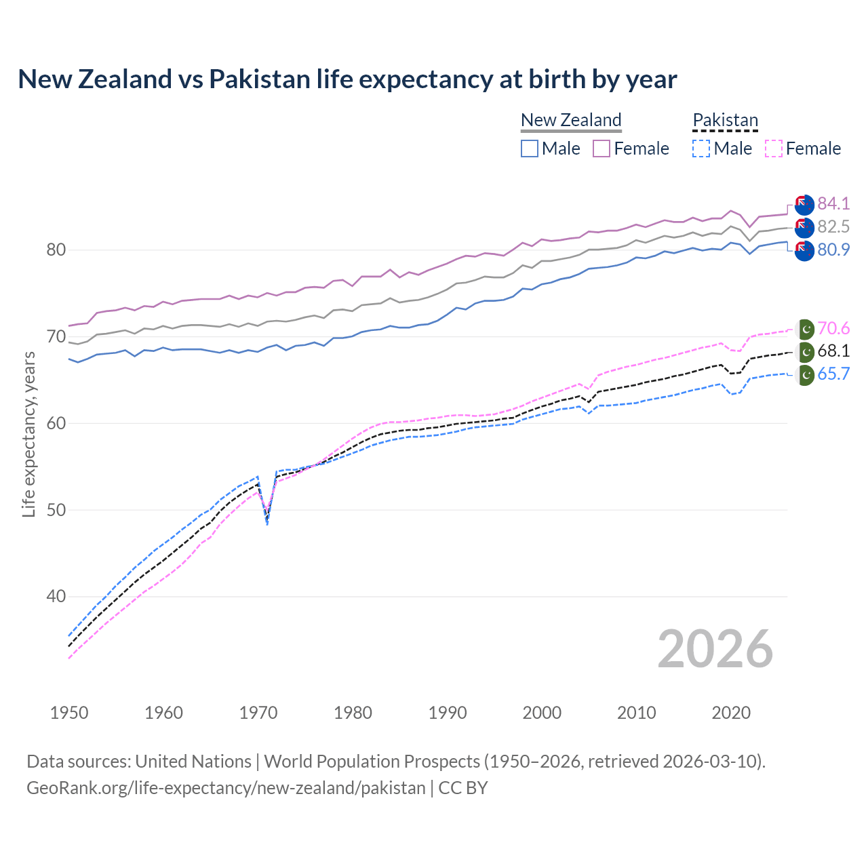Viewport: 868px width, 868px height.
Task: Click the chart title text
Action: pyautogui.click(x=347, y=79)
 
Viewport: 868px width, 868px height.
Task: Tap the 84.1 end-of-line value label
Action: pyautogui.click(x=833, y=203)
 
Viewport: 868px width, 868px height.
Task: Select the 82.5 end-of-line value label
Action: pyautogui.click(x=833, y=226)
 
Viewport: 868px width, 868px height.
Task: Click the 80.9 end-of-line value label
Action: pyautogui.click(x=833, y=250)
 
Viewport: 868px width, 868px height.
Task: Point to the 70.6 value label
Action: pyautogui.click(x=833, y=329)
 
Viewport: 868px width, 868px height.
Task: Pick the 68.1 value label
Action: pyautogui.click(x=833, y=351)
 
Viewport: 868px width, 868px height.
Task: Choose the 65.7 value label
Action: pyautogui.click(x=833, y=374)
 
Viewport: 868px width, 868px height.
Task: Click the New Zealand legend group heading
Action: pyautogui.click(x=571, y=120)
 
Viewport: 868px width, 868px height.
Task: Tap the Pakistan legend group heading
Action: pyautogui.click(x=725, y=120)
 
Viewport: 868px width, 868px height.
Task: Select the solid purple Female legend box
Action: pyautogui.click(x=601, y=149)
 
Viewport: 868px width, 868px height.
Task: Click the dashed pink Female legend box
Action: pyautogui.click(x=773, y=149)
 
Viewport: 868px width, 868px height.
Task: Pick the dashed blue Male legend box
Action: pyautogui.click(x=701, y=149)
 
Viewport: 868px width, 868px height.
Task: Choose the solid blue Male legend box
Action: pyautogui.click(x=530, y=149)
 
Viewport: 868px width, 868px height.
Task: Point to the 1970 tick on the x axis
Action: pyautogui.click(x=258, y=713)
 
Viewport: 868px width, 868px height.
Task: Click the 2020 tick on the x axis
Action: pyautogui.click(x=731, y=713)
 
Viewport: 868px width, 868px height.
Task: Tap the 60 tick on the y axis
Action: pyautogui.click(x=56, y=424)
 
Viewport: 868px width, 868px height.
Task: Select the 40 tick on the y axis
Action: pyautogui.click(x=56, y=597)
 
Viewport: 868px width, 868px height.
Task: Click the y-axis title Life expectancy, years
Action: pyautogui.click(x=29, y=434)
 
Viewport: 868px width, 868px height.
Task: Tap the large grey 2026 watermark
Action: pyautogui.click(x=715, y=649)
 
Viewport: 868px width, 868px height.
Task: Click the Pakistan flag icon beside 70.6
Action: pyautogui.click(x=805, y=330)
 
